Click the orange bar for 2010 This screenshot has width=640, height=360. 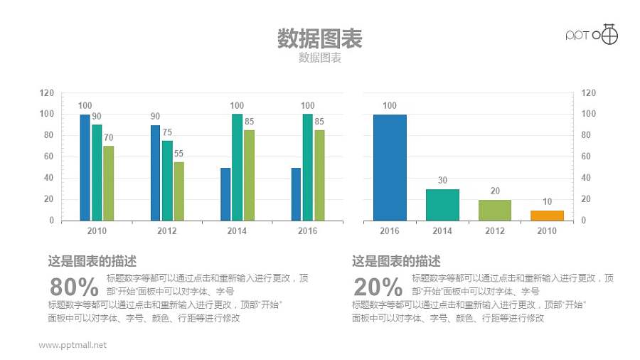547,215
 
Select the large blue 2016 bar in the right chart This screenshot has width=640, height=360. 390,167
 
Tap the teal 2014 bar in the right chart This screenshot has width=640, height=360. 442,204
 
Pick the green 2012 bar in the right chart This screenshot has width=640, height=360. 494,210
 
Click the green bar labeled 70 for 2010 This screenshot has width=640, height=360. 108,183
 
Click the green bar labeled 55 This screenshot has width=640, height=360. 178,191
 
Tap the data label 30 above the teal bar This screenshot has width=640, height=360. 442,181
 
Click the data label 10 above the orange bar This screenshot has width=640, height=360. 547,202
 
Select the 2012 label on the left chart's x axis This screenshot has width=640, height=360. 167,231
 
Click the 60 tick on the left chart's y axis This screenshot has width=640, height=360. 47,157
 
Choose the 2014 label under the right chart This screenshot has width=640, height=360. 442,231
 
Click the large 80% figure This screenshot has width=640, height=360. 74,287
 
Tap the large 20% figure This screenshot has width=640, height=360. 378,287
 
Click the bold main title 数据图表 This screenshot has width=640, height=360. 319,38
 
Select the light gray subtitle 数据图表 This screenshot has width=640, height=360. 320,58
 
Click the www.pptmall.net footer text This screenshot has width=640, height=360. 73,345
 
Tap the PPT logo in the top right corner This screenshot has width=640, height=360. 592,34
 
